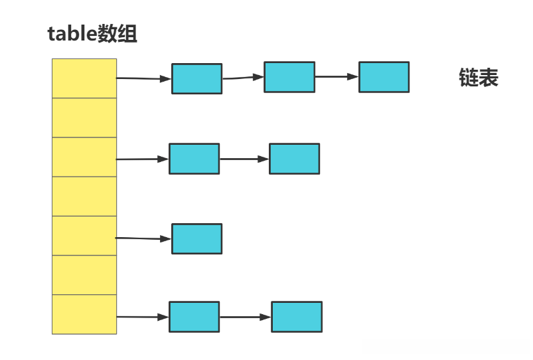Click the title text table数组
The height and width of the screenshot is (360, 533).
92,34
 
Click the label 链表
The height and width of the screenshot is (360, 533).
479,78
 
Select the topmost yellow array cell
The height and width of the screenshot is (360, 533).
84,78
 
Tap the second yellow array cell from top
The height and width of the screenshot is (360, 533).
84,118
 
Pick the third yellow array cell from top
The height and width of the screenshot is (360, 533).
84,157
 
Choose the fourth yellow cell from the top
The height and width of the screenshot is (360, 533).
84,196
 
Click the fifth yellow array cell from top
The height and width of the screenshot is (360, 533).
84,235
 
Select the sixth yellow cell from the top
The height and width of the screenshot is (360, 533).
84,275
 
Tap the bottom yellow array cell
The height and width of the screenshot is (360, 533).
84,314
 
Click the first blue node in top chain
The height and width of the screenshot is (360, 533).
196,78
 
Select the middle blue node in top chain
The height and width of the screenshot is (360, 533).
289,77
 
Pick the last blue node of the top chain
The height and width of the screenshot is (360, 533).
384,77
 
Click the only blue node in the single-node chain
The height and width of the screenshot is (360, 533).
196,238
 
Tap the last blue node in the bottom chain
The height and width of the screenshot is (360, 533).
297,317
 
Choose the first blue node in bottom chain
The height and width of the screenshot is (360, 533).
194,317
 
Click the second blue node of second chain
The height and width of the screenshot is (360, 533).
294,159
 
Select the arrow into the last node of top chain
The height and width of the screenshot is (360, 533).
337,77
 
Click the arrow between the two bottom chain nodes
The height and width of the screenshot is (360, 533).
246,317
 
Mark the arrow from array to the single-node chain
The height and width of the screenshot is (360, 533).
143,238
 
